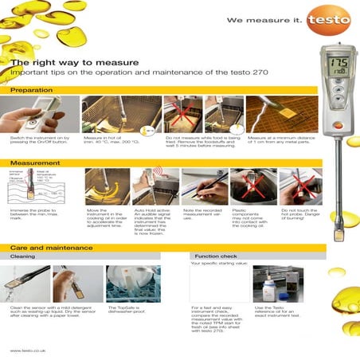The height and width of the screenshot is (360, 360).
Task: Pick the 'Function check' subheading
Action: pos(213,257)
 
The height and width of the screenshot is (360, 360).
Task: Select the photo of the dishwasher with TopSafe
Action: pos(133,283)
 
